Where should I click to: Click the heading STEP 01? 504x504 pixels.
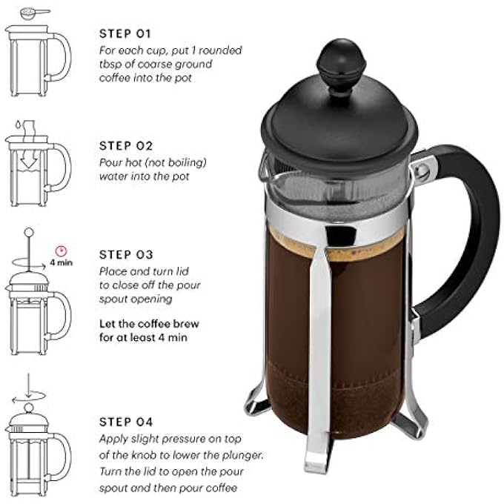coord(125,34)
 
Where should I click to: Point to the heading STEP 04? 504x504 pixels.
coord(125,422)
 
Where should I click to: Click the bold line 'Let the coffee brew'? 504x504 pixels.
coord(149,324)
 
